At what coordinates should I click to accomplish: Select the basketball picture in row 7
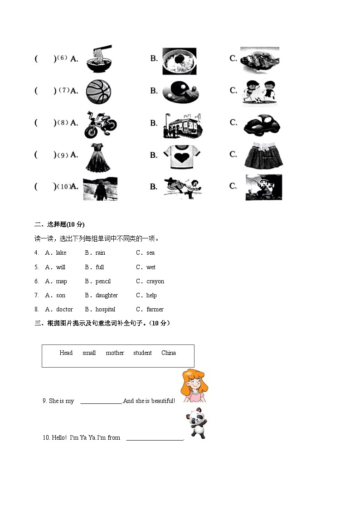(98, 91)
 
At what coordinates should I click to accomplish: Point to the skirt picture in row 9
(263, 155)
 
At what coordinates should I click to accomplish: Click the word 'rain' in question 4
(100, 253)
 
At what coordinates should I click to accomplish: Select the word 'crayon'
(155, 281)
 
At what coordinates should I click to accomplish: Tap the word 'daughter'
(107, 296)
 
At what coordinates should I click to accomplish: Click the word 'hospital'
(105, 310)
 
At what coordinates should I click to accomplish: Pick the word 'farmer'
(155, 310)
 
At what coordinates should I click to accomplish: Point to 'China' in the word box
(169, 353)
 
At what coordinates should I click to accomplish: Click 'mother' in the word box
(115, 353)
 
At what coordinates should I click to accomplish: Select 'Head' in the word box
(66, 353)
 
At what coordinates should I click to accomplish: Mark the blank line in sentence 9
(101, 402)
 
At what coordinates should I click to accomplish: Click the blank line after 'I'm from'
(155, 438)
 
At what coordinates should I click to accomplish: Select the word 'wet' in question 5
(151, 267)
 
